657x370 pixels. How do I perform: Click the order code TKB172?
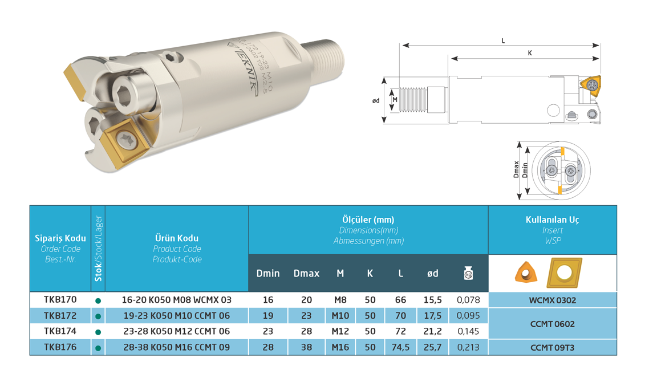[x=60, y=315]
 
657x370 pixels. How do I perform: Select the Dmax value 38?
[x=306, y=347]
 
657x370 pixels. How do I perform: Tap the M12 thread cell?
[x=340, y=331]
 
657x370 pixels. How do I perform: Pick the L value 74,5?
[x=400, y=347]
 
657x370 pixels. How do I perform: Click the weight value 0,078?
[x=468, y=300]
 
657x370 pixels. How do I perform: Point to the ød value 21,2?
[x=432, y=331]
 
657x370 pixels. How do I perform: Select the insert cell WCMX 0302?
[x=552, y=300]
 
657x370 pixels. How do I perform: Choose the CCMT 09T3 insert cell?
[x=552, y=348]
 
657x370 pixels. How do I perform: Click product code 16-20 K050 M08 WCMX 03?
[x=176, y=300]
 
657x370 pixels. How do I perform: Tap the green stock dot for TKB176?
[x=98, y=348]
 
